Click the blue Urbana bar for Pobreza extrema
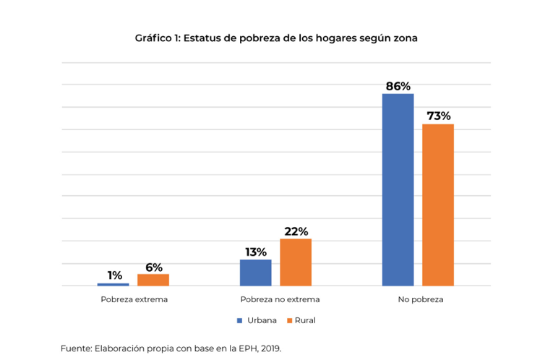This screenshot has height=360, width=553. click(x=113, y=284)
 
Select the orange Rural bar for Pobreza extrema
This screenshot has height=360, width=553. click(x=153, y=280)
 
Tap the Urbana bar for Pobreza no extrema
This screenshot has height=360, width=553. click(x=255, y=273)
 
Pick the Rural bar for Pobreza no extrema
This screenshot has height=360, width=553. click(x=296, y=262)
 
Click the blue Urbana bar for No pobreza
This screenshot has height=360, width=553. click(x=398, y=189)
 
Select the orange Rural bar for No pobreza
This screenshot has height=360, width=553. click(x=438, y=205)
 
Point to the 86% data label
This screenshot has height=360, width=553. click(x=398, y=86)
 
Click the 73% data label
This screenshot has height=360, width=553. click(x=438, y=116)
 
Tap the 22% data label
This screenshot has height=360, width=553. click(x=296, y=231)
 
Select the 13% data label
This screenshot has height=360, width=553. click(x=255, y=252)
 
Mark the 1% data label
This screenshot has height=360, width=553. click(x=114, y=275)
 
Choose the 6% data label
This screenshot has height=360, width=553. click(x=153, y=267)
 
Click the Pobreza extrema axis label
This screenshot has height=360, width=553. click(x=134, y=299)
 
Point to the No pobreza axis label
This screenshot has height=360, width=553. click(x=420, y=299)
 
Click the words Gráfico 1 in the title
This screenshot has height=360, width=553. click(x=157, y=38)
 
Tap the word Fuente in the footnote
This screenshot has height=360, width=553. click(x=76, y=348)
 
